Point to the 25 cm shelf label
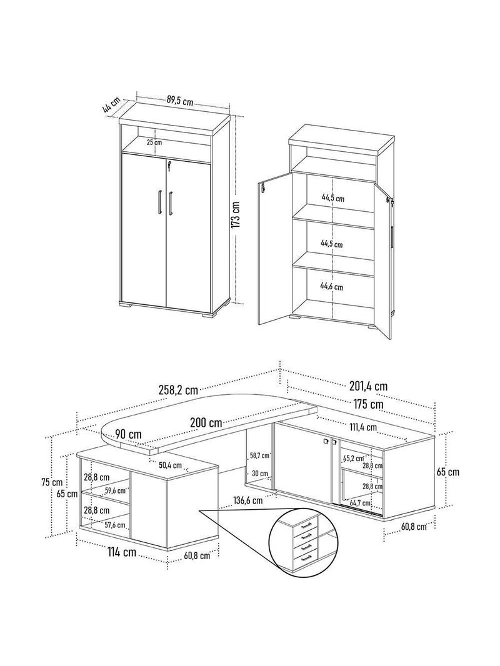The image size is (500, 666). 154,142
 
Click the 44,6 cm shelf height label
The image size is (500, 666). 331,287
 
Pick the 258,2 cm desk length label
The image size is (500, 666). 177,389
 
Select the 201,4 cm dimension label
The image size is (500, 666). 368,386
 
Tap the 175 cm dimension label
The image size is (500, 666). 367,404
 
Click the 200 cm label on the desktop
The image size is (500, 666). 206,422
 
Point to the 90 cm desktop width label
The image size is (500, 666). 128,434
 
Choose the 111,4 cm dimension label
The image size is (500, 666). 362,427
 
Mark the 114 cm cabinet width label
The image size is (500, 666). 121,552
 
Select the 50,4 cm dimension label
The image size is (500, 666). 171,465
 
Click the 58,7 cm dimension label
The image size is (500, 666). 259,455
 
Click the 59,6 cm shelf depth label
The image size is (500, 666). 116,491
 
